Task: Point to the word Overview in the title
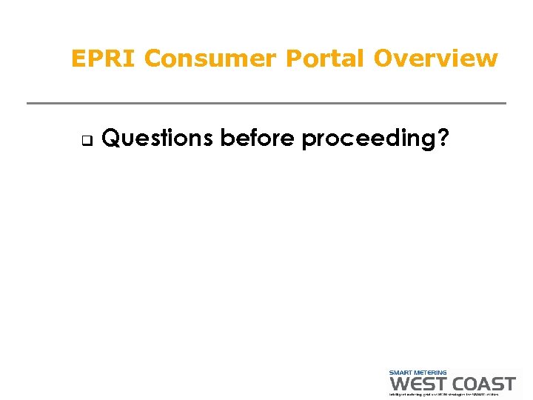435,59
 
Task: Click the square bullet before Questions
84,139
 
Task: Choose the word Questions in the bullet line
158,138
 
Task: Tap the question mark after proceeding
442,138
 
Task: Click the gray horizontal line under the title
266,103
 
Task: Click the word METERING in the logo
430,373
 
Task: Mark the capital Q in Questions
110,138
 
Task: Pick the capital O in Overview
383,59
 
